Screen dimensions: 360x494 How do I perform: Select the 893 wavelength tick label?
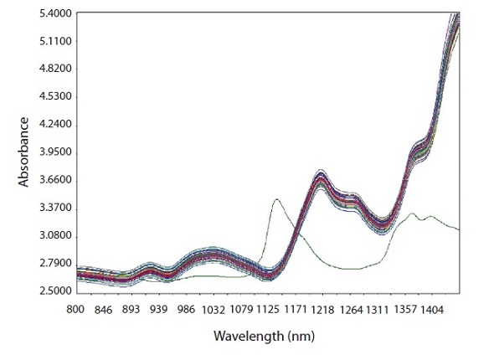(131, 309)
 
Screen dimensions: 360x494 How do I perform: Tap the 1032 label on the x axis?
(213, 309)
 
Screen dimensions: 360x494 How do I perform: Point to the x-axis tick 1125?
(268, 309)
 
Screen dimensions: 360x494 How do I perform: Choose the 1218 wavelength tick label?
(322, 309)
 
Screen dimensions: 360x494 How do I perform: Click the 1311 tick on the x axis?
(377, 309)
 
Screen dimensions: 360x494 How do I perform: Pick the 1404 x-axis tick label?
(432, 309)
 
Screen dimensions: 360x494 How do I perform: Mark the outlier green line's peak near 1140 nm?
(276, 199)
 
